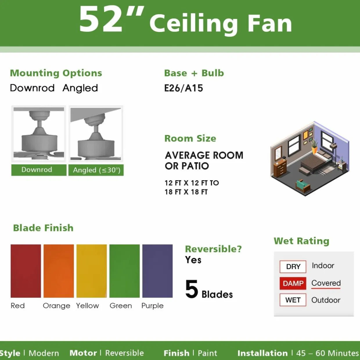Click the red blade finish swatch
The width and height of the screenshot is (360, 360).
[26, 271]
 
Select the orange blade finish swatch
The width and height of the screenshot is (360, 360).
[59, 271]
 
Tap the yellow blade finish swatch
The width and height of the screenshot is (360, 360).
[91, 271]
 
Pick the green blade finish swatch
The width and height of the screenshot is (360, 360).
[125, 271]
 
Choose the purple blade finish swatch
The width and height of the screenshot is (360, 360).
[157, 271]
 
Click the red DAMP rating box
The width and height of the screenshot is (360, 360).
[293, 283]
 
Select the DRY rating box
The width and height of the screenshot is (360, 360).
[293, 267]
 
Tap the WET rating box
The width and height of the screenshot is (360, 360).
[293, 300]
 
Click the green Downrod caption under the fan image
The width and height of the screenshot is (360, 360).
[39, 170]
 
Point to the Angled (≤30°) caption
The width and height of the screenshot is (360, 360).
[96, 170]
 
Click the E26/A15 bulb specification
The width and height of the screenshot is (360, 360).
[183, 88]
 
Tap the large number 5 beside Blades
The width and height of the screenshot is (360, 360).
[192, 289]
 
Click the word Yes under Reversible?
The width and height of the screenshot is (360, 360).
[193, 260]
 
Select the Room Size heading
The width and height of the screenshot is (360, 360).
[190, 138]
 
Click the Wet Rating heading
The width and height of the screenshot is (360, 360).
[301, 241]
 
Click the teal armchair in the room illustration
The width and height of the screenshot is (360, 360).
[303, 186]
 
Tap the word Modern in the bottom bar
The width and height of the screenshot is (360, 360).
[44, 353]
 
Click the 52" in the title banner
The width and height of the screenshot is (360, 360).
[111, 20]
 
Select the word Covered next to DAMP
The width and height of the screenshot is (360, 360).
[326, 283]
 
